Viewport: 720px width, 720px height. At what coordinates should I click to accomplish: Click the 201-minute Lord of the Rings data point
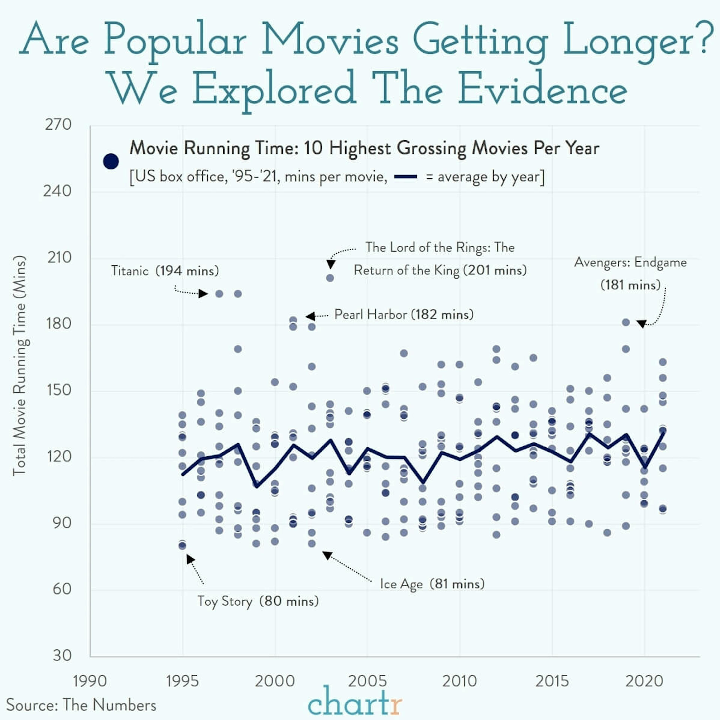tap(330, 278)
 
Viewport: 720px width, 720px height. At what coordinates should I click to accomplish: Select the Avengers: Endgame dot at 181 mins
tap(626, 322)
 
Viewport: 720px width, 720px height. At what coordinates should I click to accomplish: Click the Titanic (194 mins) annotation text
tap(165, 271)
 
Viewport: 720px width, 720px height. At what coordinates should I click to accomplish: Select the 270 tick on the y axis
tap(58, 124)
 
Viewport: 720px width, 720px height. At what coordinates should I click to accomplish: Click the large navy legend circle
tap(111, 161)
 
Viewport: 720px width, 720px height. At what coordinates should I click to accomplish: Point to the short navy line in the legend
tap(405, 177)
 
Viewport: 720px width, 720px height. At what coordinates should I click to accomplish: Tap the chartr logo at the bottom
tap(355, 701)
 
